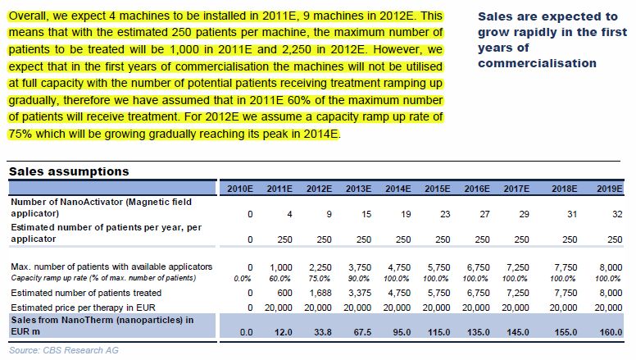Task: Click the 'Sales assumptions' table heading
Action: click(x=68, y=171)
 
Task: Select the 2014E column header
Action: click(x=397, y=189)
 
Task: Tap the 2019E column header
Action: click(x=609, y=189)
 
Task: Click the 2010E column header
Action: click(x=240, y=189)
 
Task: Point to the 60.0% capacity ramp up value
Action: click(x=280, y=278)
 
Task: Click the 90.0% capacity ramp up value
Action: click(x=359, y=278)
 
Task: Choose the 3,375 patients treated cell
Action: click(x=359, y=291)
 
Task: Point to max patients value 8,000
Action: click(x=609, y=267)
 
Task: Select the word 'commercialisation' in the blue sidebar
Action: click(x=537, y=62)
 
